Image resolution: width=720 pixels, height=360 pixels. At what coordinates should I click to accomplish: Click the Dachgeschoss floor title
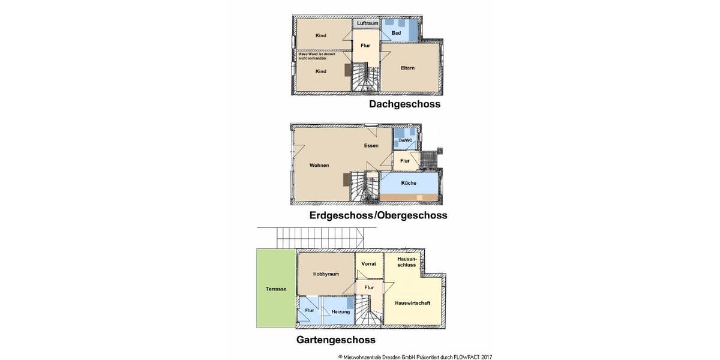point(404,104)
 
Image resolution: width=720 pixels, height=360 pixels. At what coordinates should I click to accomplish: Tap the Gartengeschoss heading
point(336,340)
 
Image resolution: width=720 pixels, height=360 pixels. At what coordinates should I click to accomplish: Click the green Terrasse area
point(276,289)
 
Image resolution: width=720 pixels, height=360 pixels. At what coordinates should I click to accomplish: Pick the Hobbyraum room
point(326,274)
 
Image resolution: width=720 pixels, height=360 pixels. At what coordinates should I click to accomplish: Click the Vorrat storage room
point(368,263)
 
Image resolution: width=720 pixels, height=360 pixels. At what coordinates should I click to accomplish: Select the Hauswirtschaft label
point(412,303)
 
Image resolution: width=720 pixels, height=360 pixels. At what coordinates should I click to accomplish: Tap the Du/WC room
point(406,140)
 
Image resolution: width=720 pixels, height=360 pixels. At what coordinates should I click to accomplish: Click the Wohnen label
point(319,165)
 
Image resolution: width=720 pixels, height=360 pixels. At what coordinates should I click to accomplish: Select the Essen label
point(370,146)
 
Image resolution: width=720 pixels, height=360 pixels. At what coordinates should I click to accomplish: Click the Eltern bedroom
point(407,68)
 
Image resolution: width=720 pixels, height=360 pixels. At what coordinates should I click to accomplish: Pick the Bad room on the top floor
point(397,32)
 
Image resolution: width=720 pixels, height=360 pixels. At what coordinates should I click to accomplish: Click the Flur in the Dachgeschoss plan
point(365,45)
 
